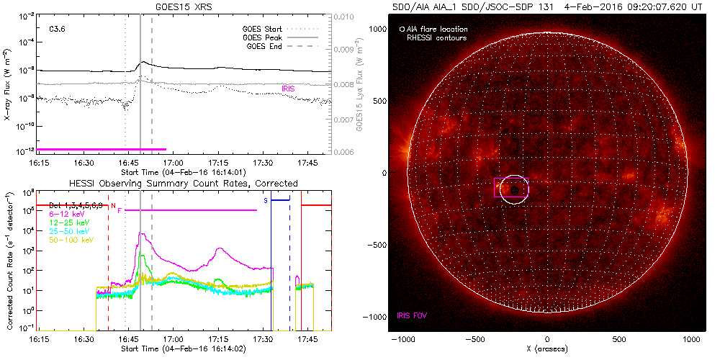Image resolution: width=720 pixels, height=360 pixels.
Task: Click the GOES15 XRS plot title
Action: [x=174, y=6]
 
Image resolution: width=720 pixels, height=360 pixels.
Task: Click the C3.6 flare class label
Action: [x=58, y=30]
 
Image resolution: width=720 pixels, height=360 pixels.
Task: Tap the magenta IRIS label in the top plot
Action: [x=288, y=89]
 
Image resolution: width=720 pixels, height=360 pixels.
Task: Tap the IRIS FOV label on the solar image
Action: [x=413, y=315]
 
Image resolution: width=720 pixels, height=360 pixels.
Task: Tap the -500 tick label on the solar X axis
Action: [x=474, y=338]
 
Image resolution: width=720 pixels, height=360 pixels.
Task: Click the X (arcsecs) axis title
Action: [x=547, y=348]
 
